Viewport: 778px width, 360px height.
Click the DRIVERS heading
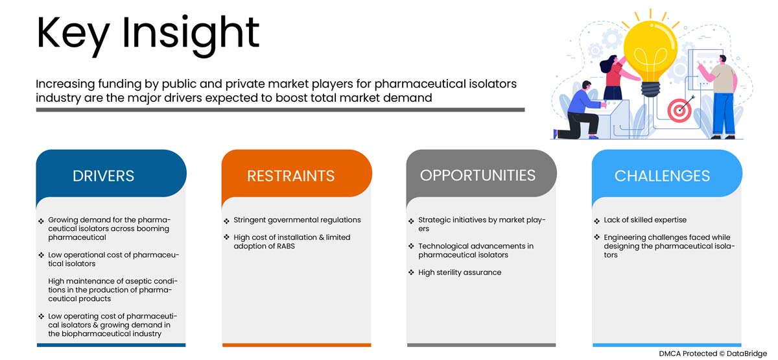point(103,176)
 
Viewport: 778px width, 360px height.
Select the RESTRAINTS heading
point(290,176)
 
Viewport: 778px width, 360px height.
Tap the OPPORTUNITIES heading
point(478,176)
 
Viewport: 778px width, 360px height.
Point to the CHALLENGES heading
point(662,176)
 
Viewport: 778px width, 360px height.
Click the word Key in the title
point(73,34)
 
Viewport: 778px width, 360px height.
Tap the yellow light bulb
point(650,57)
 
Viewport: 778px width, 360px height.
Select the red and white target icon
point(680,110)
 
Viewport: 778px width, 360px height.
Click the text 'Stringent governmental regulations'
point(297,220)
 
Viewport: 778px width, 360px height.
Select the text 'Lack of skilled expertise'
point(645,220)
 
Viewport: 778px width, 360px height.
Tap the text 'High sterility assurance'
point(460,272)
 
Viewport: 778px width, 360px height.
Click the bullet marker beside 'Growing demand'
point(41,221)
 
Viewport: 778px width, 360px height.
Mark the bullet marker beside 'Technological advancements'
point(411,246)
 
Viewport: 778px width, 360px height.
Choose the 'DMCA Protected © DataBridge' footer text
point(713,354)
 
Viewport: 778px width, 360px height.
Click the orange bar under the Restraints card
point(297,345)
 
